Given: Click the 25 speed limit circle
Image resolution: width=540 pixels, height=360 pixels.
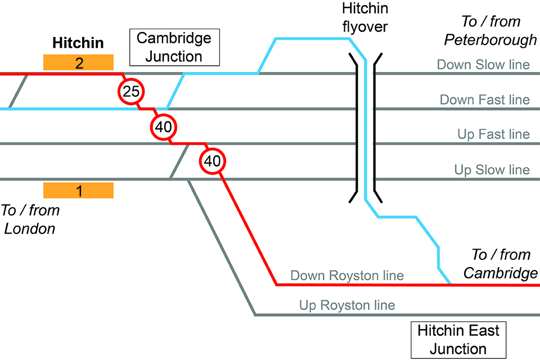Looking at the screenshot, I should tap(131, 91).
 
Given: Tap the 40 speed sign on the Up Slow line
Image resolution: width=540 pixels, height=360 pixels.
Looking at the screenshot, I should tap(212, 161).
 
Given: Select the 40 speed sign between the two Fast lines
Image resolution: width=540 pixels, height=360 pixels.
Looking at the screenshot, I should tap(163, 127).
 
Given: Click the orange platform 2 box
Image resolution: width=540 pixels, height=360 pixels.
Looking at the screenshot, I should tap(78, 62).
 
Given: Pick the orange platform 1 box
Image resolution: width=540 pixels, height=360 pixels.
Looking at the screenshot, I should tap(78, 191).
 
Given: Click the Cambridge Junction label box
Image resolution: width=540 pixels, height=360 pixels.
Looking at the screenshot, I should tap(174, 47).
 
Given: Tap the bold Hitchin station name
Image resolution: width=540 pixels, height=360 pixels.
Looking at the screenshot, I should tap(78, 43).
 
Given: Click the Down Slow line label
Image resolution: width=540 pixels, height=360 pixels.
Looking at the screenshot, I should tap(483, 65).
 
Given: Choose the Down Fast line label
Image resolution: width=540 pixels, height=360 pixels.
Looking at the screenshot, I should tap(484, 100).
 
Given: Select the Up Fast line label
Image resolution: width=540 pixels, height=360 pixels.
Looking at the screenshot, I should tap(493, 134).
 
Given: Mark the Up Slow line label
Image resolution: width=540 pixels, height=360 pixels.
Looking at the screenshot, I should tap(492, 170).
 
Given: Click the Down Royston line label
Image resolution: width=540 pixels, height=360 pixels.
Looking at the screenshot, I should tap(346, 276).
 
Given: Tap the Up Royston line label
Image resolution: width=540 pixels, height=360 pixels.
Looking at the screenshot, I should tap(346, 306).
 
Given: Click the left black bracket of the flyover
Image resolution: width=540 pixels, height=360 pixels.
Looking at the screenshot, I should tap(357, 127).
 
